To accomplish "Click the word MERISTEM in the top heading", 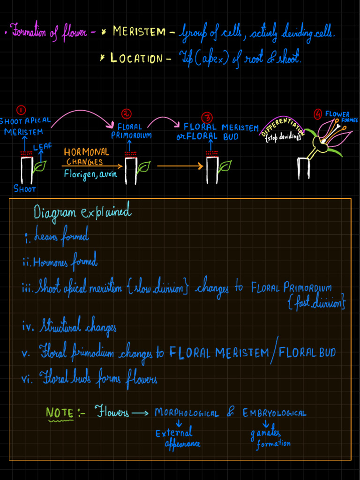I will [139, 32].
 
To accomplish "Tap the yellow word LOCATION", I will [136, 59].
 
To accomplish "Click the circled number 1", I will [21, 110].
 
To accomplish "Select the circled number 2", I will [127, 114].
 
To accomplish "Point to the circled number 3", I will [206, 117].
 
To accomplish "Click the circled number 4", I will [318, 114].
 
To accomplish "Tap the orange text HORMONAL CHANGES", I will [86, 157].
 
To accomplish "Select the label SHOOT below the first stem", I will [25, 189].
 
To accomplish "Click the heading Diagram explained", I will [82, 213].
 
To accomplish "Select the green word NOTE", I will [60, 413].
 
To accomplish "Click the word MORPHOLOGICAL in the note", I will [187, 413].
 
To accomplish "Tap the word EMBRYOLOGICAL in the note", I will [274, 413].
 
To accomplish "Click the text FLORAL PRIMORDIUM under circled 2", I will [131, 131].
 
